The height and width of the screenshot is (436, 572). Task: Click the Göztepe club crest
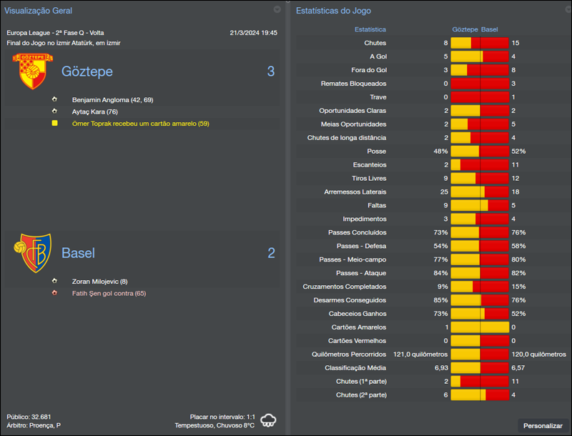pos(29,71)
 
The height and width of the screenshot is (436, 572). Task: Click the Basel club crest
pos(31,252)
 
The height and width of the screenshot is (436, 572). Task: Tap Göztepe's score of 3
pos(271,71)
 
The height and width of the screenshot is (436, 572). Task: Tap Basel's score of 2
pos(271,253)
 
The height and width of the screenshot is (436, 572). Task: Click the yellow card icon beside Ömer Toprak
pos(54,124)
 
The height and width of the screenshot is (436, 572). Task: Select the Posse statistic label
pos(375,152)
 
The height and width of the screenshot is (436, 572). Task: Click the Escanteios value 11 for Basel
pos(516,165)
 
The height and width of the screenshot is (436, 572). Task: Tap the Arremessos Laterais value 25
pos(444,192)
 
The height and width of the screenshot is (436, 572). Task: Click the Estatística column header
pos(370,30)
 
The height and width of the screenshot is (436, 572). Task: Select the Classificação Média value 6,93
pos(441,368)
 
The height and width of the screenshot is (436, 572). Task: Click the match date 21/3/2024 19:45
pos(254,33)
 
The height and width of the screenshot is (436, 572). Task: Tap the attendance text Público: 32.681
pos(29,417)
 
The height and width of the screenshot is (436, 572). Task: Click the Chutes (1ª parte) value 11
pos(516,382)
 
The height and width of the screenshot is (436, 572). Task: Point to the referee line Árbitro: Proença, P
pos(34,426)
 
